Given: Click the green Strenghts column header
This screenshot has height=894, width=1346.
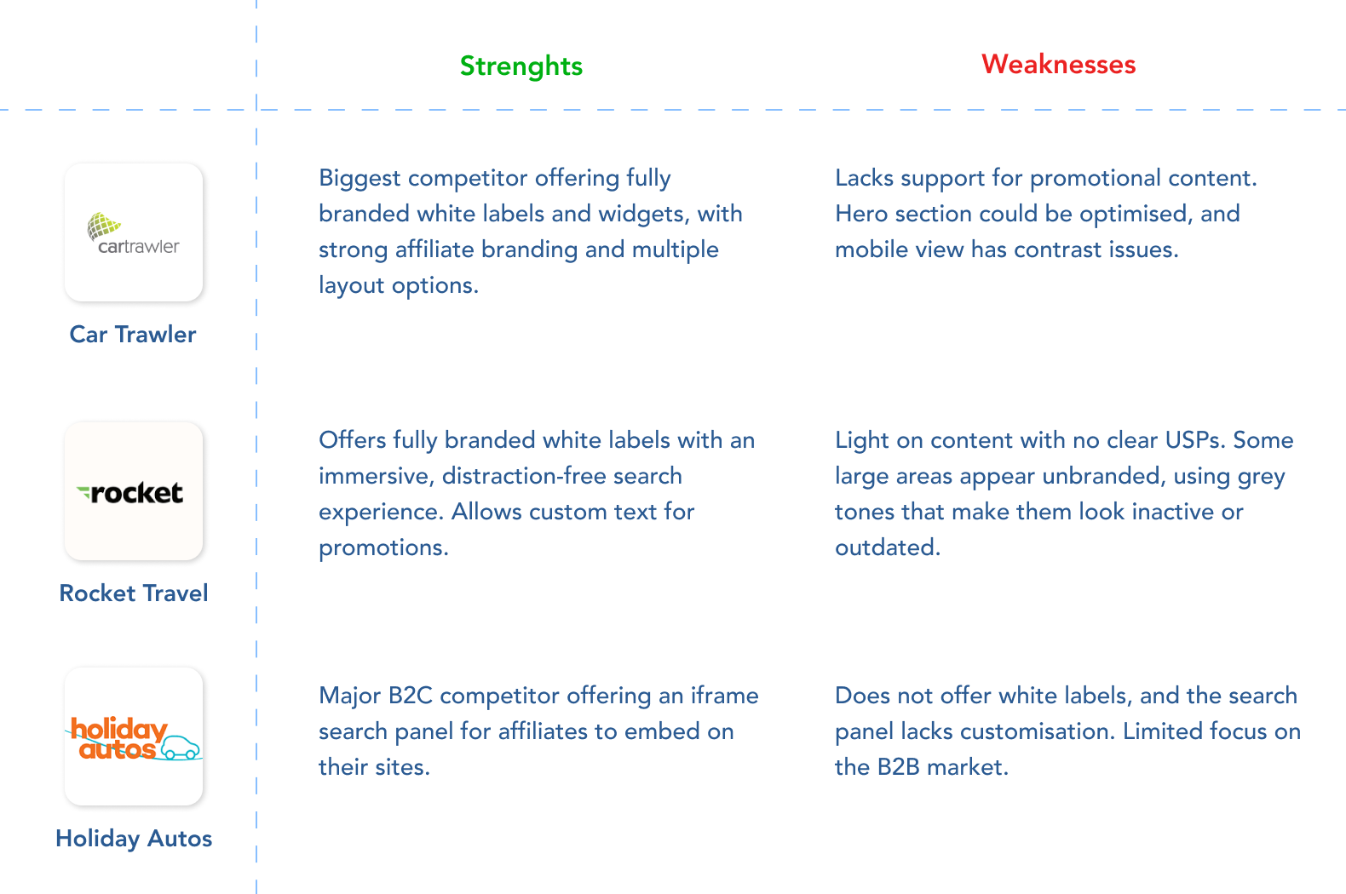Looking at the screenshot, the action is (521, 66).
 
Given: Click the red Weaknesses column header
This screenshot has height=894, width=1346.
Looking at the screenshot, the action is (1058, 64).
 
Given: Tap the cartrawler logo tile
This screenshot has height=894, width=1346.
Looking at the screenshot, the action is (134, 232).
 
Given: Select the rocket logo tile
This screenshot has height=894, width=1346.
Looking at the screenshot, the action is (134, 491).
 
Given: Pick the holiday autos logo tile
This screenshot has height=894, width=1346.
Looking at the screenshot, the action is (134, 736).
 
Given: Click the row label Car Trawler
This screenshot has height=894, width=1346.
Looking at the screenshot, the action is (133, 335).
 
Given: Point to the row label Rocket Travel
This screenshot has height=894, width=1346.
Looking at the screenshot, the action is (134, 593).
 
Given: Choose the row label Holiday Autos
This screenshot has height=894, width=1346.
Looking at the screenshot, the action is (134, 839).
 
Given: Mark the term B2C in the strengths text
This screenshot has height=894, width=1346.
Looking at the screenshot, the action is (411, 696).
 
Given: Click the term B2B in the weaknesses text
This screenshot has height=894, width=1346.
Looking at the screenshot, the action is (899, 767).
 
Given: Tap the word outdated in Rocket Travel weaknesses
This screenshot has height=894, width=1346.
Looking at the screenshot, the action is (888, 547).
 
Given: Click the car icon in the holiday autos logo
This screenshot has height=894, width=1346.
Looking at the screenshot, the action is (180, 748).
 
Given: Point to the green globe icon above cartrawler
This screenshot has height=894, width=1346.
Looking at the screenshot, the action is (103, 225).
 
